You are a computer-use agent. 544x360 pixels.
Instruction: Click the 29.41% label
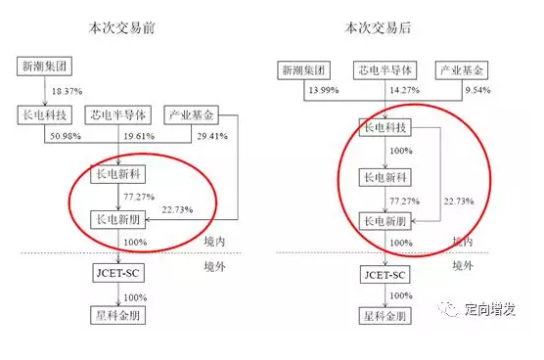pyautogui.click(x=211, y=135)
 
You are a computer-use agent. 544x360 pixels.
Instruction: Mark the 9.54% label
pyautogui.click(x=476, y=90)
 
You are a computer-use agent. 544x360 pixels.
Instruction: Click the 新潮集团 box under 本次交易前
pyautogui.click(x=40, y=67)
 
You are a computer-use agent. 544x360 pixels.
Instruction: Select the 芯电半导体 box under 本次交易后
pyautogui.click(x=384, y=70)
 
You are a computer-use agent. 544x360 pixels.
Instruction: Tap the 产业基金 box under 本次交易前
pyautogui.click(x=189, y=113)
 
